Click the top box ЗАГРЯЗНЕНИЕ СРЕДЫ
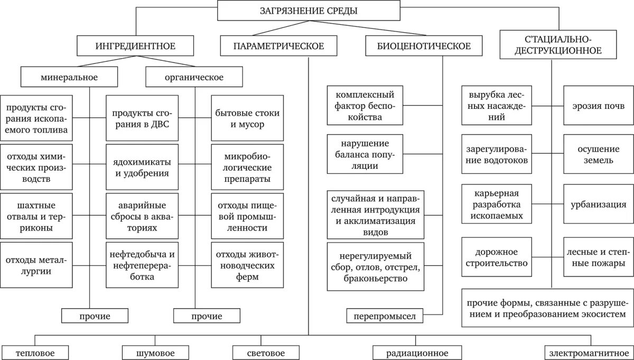coord(309,11)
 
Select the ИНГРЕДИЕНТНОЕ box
coord(135,46)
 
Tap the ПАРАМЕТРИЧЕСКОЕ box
coord(279,46)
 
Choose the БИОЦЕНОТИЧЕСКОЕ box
coord(424,46)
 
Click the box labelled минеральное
coord(69,77)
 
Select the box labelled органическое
coord(194,77)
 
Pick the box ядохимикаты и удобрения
coord(142,167)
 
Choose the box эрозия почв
coord(598,106)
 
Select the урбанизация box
coord(598,205)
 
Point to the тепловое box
coord(35,353)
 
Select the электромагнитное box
coord(589,353)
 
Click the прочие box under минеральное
coord(95,316)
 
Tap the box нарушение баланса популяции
coord(365,154)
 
